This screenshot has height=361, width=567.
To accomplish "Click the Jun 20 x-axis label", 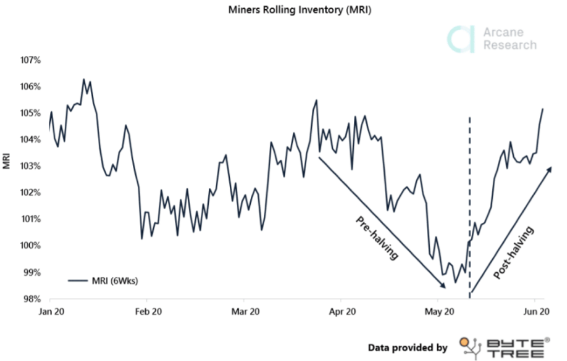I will tap(535, 312).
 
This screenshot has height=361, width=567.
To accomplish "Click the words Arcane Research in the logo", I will tap(509, 39).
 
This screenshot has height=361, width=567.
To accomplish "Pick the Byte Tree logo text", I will tap(515, 348).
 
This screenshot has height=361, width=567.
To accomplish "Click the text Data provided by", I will tap(408, 348).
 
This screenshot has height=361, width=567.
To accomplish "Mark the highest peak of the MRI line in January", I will tap(84, 79).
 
